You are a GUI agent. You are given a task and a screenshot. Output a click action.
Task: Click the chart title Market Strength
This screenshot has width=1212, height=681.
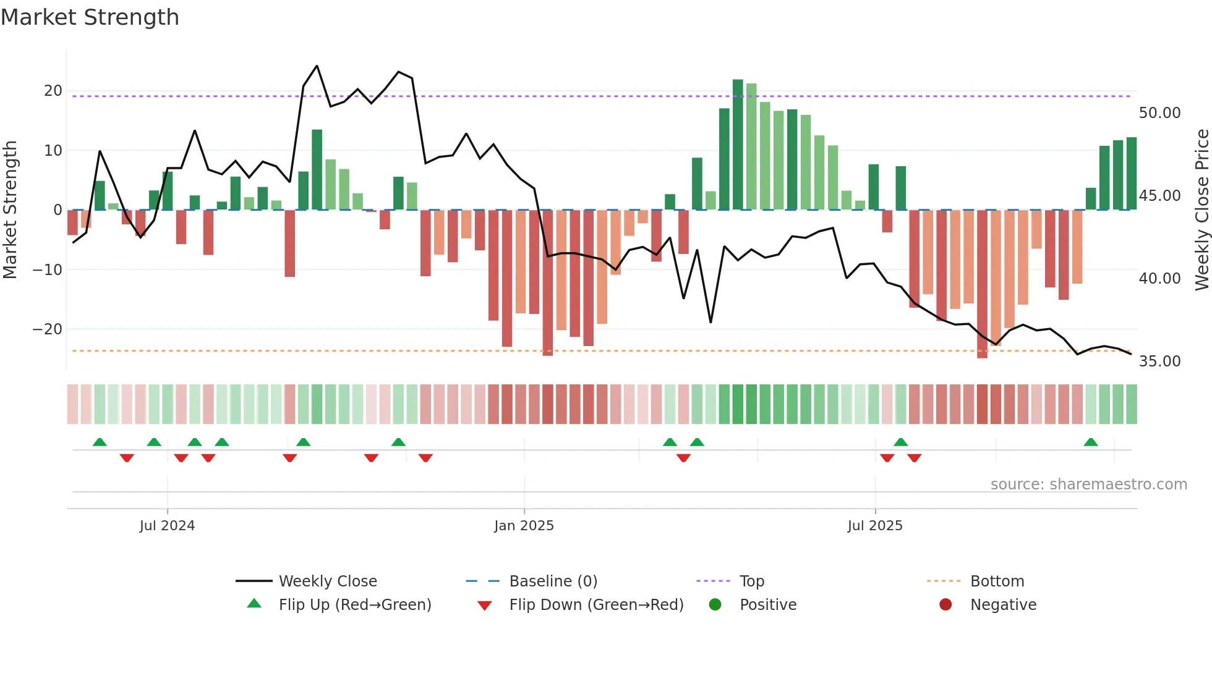click(90, 17)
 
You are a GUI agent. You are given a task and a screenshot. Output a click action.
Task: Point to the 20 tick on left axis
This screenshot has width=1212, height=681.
click(53, 91)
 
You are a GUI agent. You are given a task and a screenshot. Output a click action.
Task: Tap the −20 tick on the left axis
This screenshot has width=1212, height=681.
click(48, 329)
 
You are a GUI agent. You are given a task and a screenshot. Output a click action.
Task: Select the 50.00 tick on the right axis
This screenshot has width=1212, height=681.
click(1159, 113)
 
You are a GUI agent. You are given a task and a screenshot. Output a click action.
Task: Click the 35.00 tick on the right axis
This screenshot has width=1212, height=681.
click(1159, 362)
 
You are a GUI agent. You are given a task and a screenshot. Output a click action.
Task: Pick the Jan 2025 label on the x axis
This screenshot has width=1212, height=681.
click(524, 526)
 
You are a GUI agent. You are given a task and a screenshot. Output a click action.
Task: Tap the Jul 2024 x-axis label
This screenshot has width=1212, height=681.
click(167, 526)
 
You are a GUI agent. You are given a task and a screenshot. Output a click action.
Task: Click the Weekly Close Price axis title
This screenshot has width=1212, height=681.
click(1201, 210)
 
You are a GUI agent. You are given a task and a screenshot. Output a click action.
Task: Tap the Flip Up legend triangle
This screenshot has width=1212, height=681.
click(254, 604)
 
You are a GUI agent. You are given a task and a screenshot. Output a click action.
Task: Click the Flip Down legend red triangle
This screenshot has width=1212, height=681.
click(485, 606)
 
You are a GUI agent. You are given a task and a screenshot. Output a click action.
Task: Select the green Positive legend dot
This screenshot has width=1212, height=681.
click(715, 604)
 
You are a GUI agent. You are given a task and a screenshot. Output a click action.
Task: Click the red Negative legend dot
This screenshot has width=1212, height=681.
click(945, 604)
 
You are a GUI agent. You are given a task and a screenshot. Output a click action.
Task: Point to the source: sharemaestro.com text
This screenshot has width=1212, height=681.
click(1088, 484)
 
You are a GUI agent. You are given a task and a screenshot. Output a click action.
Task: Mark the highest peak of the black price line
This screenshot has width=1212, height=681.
click(317, 66)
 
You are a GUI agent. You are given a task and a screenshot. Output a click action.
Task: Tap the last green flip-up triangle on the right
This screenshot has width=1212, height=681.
click(1091, 442)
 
